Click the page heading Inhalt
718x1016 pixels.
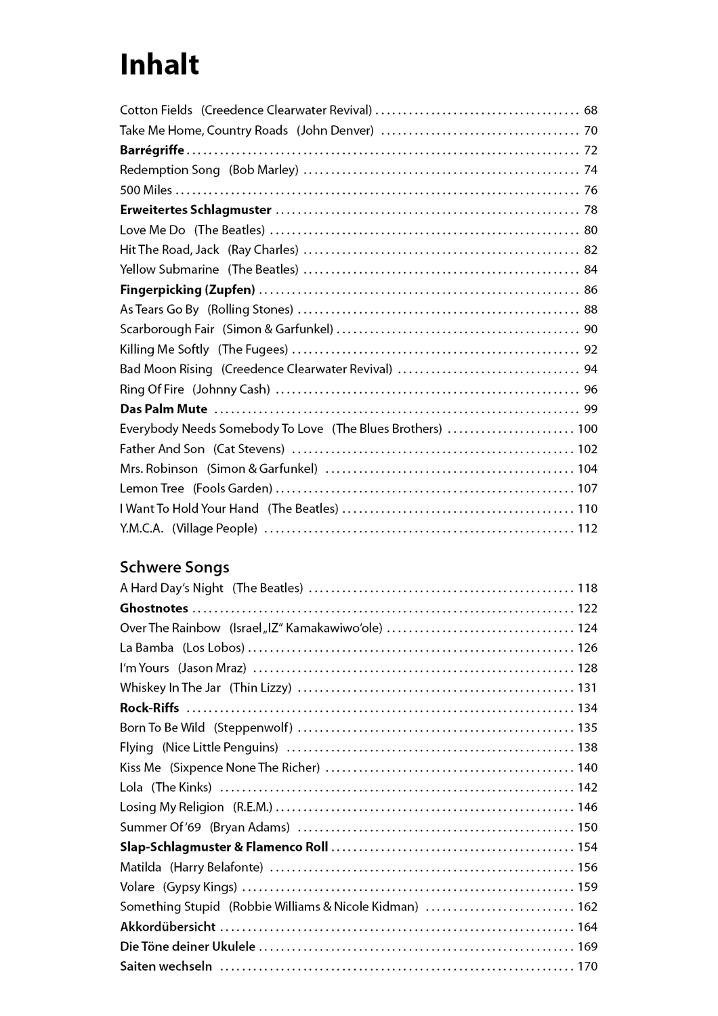159,65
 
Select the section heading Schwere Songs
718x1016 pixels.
175,567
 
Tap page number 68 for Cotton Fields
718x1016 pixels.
591,110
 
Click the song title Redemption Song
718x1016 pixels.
170,170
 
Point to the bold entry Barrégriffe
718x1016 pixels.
152,150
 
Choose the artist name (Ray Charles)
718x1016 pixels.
263,250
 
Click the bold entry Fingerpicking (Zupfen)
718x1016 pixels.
188,290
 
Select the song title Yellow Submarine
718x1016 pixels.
169,270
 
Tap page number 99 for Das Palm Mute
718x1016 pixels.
591,409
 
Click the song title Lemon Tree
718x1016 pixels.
152,488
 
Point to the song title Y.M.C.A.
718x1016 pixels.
142,528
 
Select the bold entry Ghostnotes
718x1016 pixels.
154,608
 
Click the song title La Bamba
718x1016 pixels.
147,648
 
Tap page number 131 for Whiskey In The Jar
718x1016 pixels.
587,688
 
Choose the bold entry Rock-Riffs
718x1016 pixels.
150,708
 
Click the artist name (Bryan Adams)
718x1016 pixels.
250,827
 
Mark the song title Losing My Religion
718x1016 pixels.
172,807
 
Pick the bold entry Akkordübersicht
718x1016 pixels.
167,927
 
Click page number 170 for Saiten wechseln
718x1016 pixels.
587,967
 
